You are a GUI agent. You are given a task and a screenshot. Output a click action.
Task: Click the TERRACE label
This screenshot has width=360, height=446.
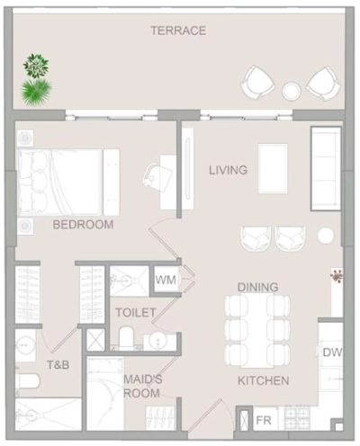pyautogui.click(x=178, y=31)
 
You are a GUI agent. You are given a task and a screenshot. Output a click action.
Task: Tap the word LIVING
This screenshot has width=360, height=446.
pyautogui.click(x=228, y=169)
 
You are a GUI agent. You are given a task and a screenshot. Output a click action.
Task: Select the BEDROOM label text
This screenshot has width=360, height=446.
pyautogui.click(x=83, y=224)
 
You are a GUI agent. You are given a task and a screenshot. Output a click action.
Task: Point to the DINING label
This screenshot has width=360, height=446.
pyautogui.click(x=257, y=287)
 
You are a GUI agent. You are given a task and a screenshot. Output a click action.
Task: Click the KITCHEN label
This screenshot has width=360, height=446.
pyautogui.click(x=263, y=380)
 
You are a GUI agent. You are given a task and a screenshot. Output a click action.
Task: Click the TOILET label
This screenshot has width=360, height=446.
pyautogui.click(x=135, y=312)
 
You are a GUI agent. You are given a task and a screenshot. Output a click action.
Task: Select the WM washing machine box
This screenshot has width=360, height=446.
pyautogui.click(x=166, y=280)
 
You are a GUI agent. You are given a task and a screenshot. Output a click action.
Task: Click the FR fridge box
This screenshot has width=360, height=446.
pyautogui.click(x=264, y=420)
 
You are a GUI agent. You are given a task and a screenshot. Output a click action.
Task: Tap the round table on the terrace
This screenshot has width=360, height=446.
pyautogui.click(x=292, y=90)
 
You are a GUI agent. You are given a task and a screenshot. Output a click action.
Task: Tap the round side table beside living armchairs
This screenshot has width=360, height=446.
pyautogui.click(x=325, y=236)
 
